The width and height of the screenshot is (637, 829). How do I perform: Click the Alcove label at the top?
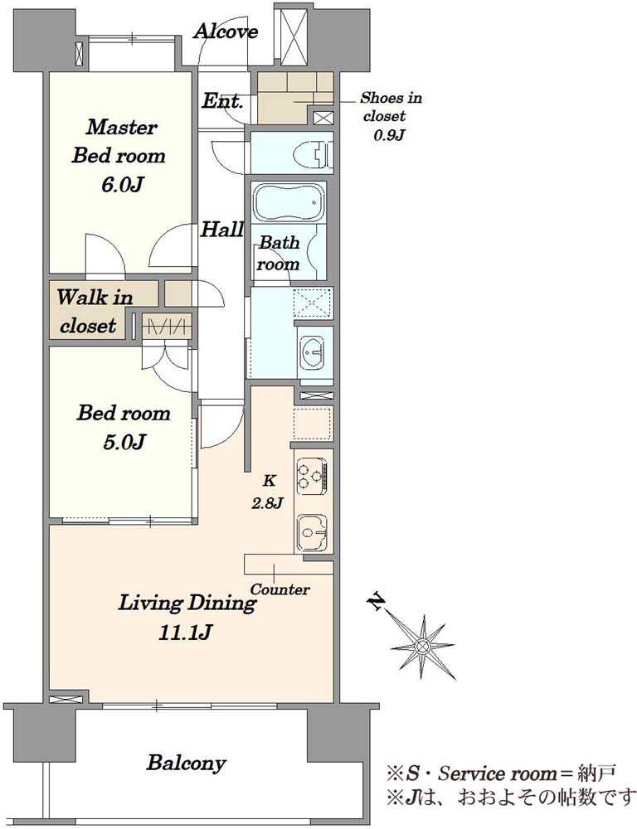click(x=226, y=32)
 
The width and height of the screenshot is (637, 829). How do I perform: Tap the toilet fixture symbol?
click(x=321, y=153)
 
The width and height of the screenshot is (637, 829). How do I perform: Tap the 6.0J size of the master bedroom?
click(x=122, y=185)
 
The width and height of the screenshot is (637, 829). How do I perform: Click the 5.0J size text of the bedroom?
click(x=124, y=442)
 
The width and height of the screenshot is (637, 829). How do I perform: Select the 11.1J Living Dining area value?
click(x=186, y=633)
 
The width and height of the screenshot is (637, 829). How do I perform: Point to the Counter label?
click(x=280, y=589)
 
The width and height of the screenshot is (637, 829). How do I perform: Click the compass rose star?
click(x=422, y=646)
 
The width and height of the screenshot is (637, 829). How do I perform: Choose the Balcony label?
click(x=187, y=763)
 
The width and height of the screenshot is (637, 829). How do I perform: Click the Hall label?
click(x=222, y=230)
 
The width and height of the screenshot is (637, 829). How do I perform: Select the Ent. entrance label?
click(x=223, y=100)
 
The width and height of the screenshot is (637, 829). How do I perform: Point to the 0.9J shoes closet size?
click(x=389, y=135)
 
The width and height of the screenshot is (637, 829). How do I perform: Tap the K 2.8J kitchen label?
click(x=268, y=492)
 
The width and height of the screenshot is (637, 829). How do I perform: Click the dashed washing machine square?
click(x=312, y=303)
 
